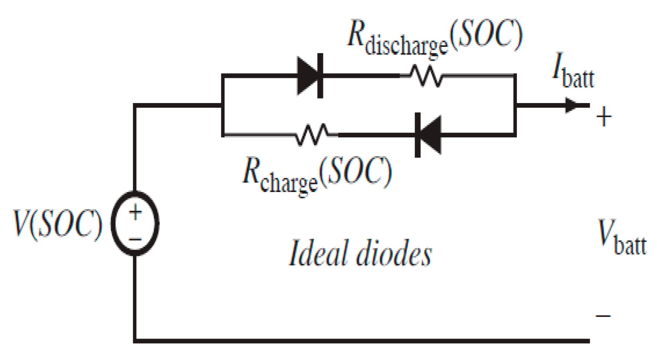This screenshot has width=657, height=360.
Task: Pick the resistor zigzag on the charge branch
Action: click(313, 134)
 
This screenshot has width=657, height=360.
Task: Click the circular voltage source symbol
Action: click(135, 224)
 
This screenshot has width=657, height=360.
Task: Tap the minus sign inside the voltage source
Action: click(135, 239)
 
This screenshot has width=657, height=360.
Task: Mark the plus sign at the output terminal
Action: click(604, 117)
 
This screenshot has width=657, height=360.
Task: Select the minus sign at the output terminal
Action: click(604, 316)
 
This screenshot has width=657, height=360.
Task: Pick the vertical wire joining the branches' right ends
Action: click(515, 105)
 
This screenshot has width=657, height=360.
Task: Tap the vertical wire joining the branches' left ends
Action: click(223, 105)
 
